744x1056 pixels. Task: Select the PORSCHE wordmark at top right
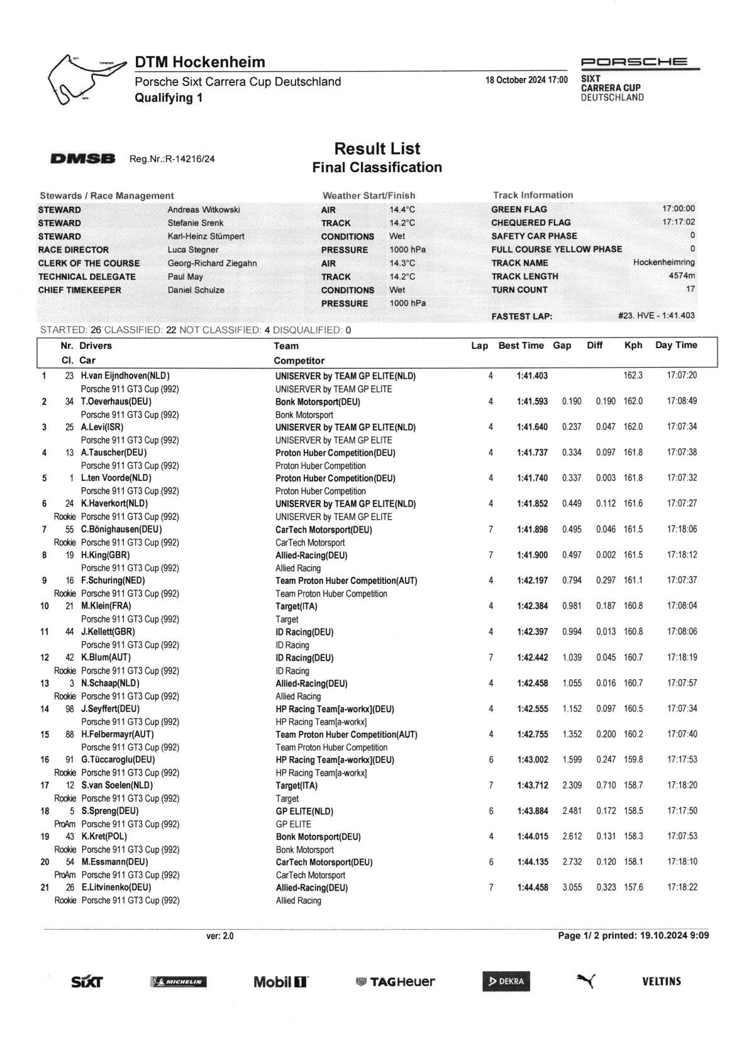[x=634, y=62]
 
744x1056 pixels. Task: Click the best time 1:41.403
[x=532, y=376]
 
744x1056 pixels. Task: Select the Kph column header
[x=633, y=345]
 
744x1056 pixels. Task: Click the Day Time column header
[x=676, y=345]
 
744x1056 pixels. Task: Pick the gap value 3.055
[x=572, y=888]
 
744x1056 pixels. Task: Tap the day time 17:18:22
[x=682, y=888]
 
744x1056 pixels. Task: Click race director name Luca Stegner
[x=193, y=250]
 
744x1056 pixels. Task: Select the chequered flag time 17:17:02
[x=679, y=223]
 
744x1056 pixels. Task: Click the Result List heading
[x=377, y=149]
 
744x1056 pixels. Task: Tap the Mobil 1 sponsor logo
[x=281, y=982]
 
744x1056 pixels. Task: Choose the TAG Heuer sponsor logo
[x=396, y=982]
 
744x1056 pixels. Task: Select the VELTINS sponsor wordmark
[x=662, y=981]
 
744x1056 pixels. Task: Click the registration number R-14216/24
[x=172, y=159]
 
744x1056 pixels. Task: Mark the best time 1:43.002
[x=532, y=760]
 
